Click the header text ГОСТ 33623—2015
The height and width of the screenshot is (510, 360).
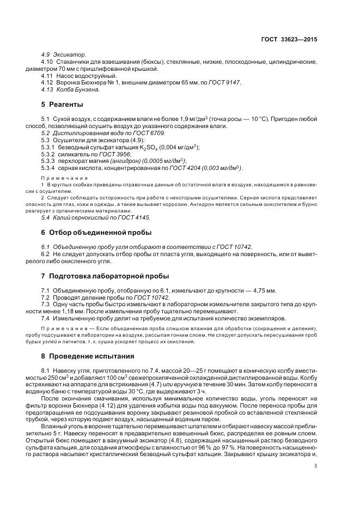tap(289, 40)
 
